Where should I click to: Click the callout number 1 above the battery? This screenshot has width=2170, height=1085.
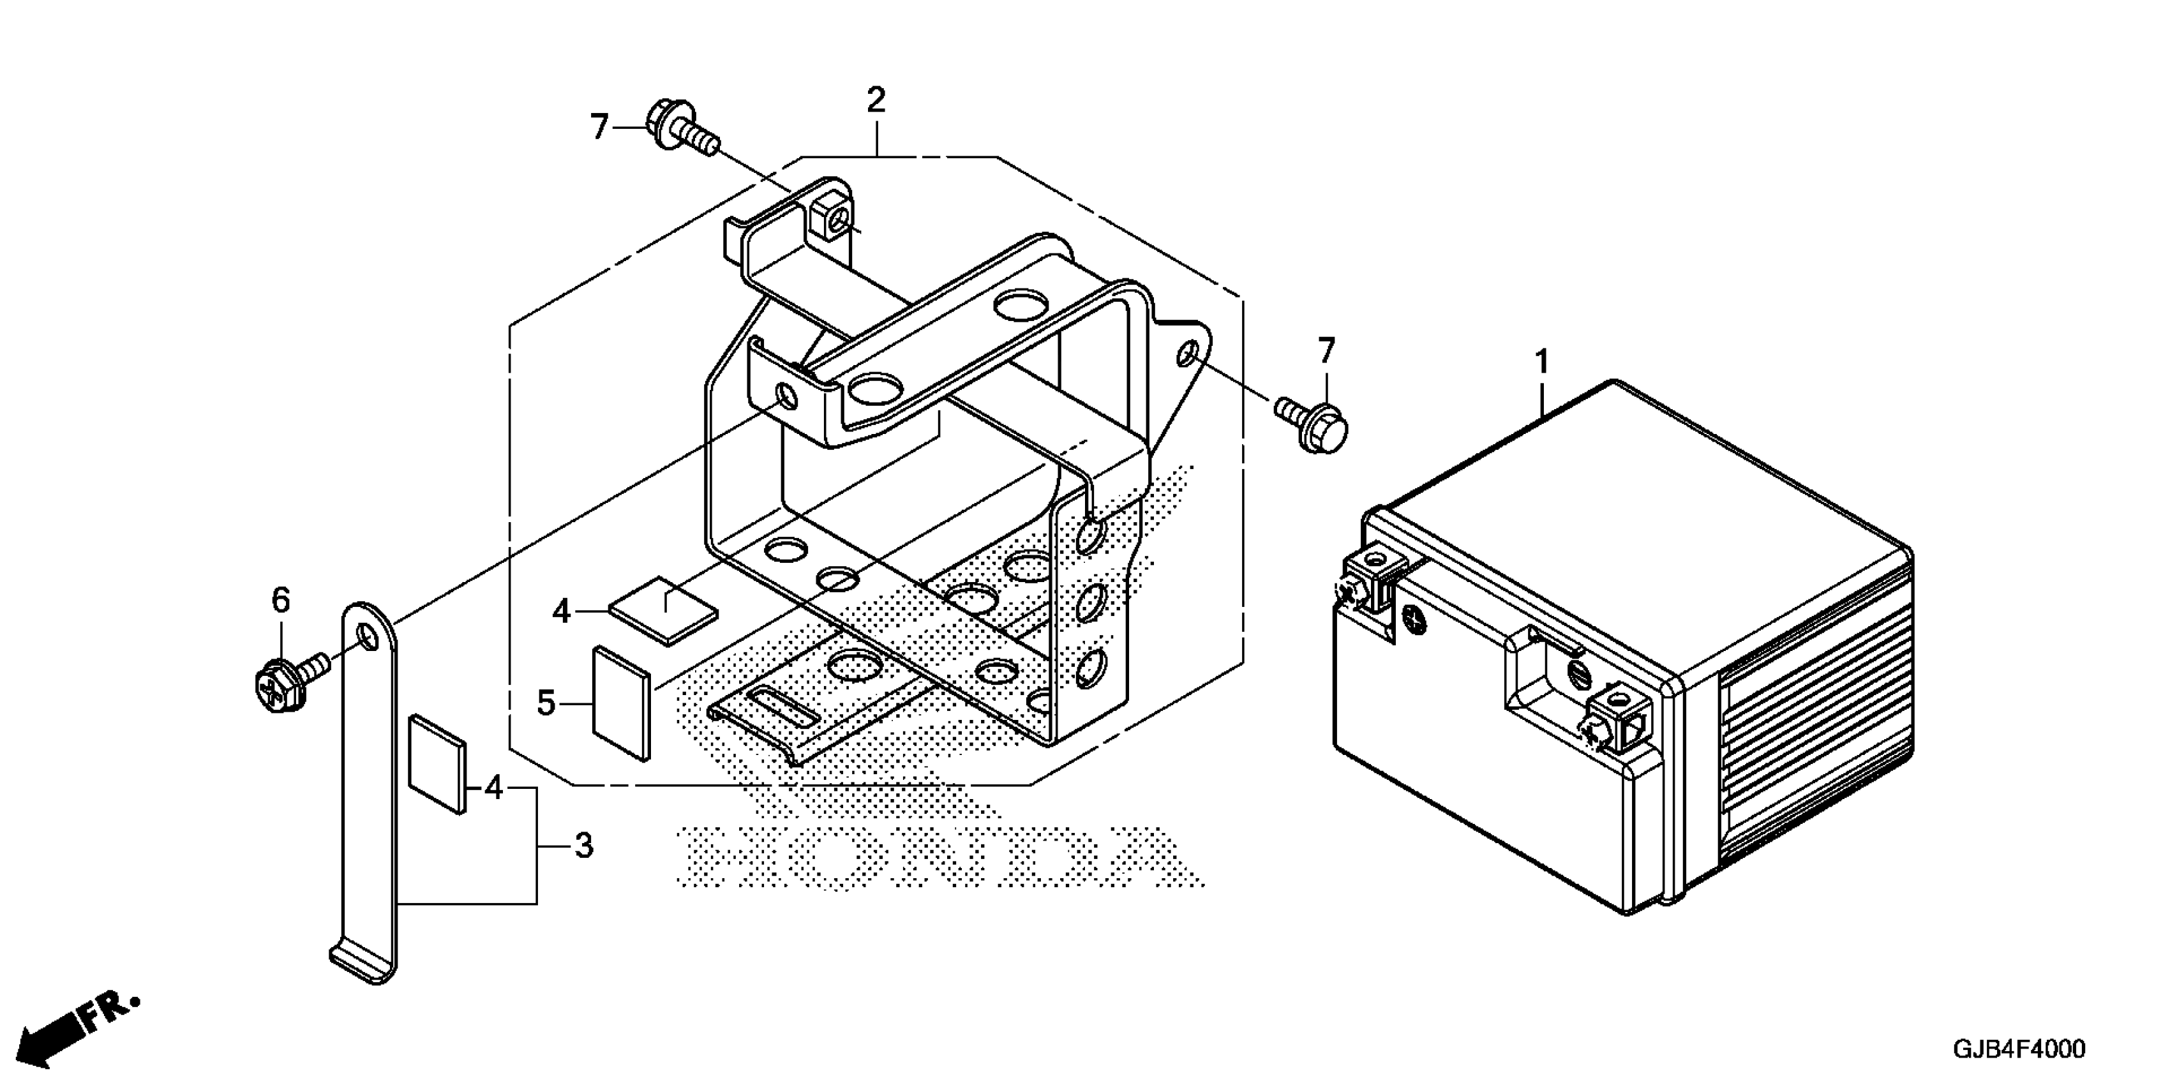(1541, 363)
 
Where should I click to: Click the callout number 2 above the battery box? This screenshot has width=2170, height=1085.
(876, 100)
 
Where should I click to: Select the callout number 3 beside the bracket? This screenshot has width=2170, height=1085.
(583, 846)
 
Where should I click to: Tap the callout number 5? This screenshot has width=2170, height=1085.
(547, 703)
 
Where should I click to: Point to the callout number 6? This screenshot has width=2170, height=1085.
(281, 601)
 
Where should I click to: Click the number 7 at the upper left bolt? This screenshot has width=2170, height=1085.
(599, 127)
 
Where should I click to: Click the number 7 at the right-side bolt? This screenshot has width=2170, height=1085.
(1327, 350)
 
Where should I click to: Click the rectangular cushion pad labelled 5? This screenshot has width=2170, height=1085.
(622, 703)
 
